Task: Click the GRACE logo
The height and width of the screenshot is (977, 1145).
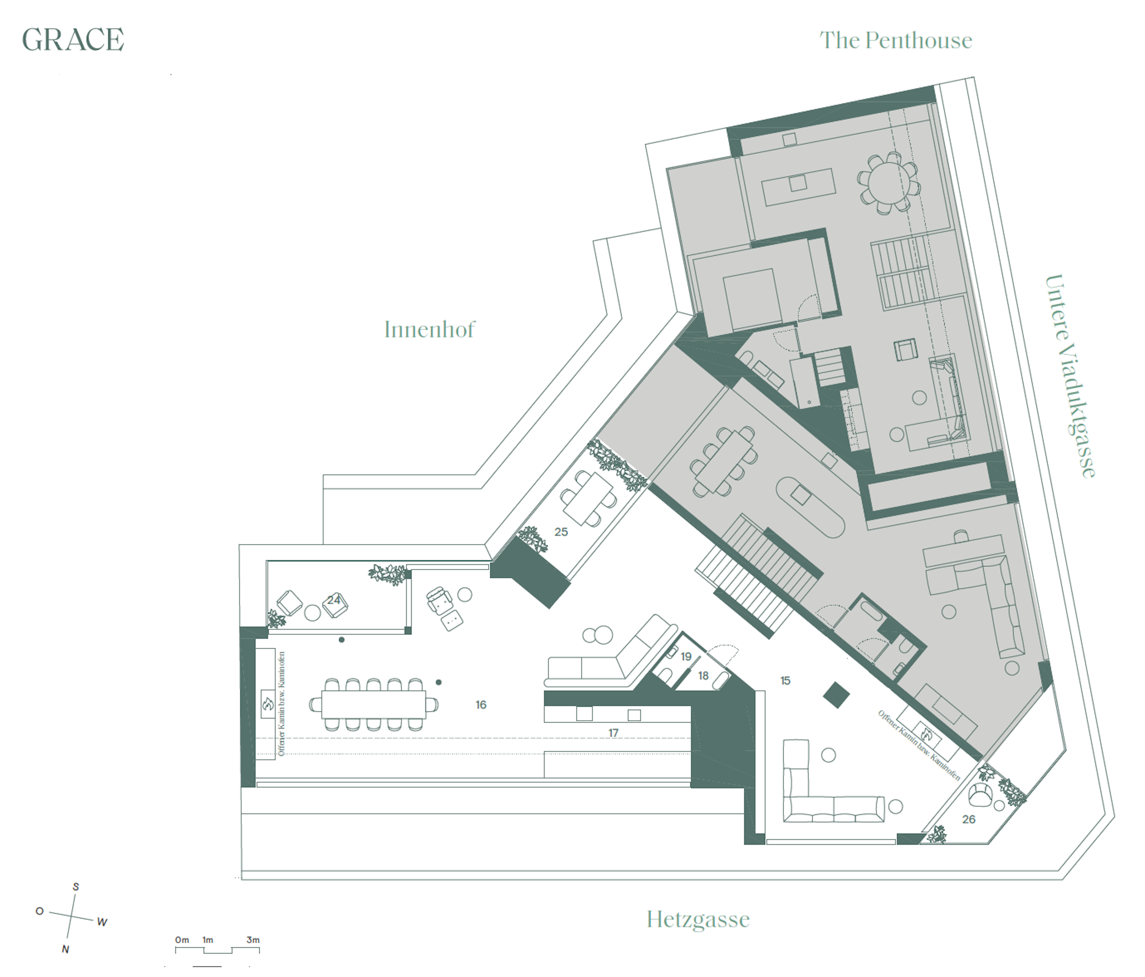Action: pyautogui.click(x=73, y=40)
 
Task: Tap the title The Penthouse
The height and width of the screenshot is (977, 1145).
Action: pyautogui.click(x=895, y=40)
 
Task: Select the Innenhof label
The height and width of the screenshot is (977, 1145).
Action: pyautogui.click(x=429, y=330)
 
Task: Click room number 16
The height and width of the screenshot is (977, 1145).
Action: pyautogui.click(x=481, y=705)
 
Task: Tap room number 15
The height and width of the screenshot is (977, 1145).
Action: pyautogui.click(x=785, y=681)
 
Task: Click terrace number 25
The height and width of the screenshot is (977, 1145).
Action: pyautogui.click(x=561, y=532)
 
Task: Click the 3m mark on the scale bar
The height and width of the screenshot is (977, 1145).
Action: pyautogui.click(x=253, y=940)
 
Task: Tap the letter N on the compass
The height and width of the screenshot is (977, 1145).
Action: pyautogui.click(x=65, y=949)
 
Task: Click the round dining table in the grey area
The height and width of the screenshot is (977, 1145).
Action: pyautogui.click(x=889, y=183)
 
